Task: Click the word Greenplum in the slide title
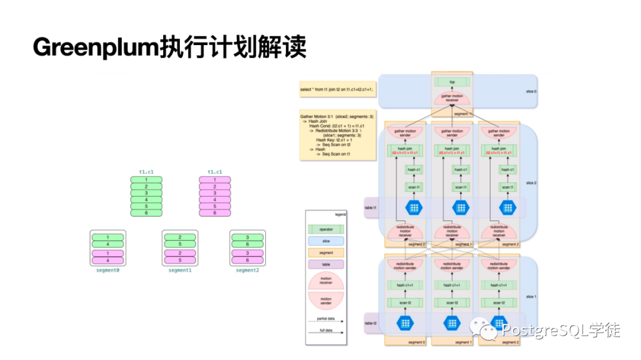(x=96, y=47)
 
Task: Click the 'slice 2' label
(x=531, y=183)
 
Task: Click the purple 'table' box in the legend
(x=325, y=264)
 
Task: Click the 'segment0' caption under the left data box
(x=107, y=270)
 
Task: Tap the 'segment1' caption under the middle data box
(x=180, y=270)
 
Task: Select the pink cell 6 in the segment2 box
(x=247, y=260)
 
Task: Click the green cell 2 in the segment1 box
(x=180, y=237)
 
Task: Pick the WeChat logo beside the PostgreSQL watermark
(x=488, y=330)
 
